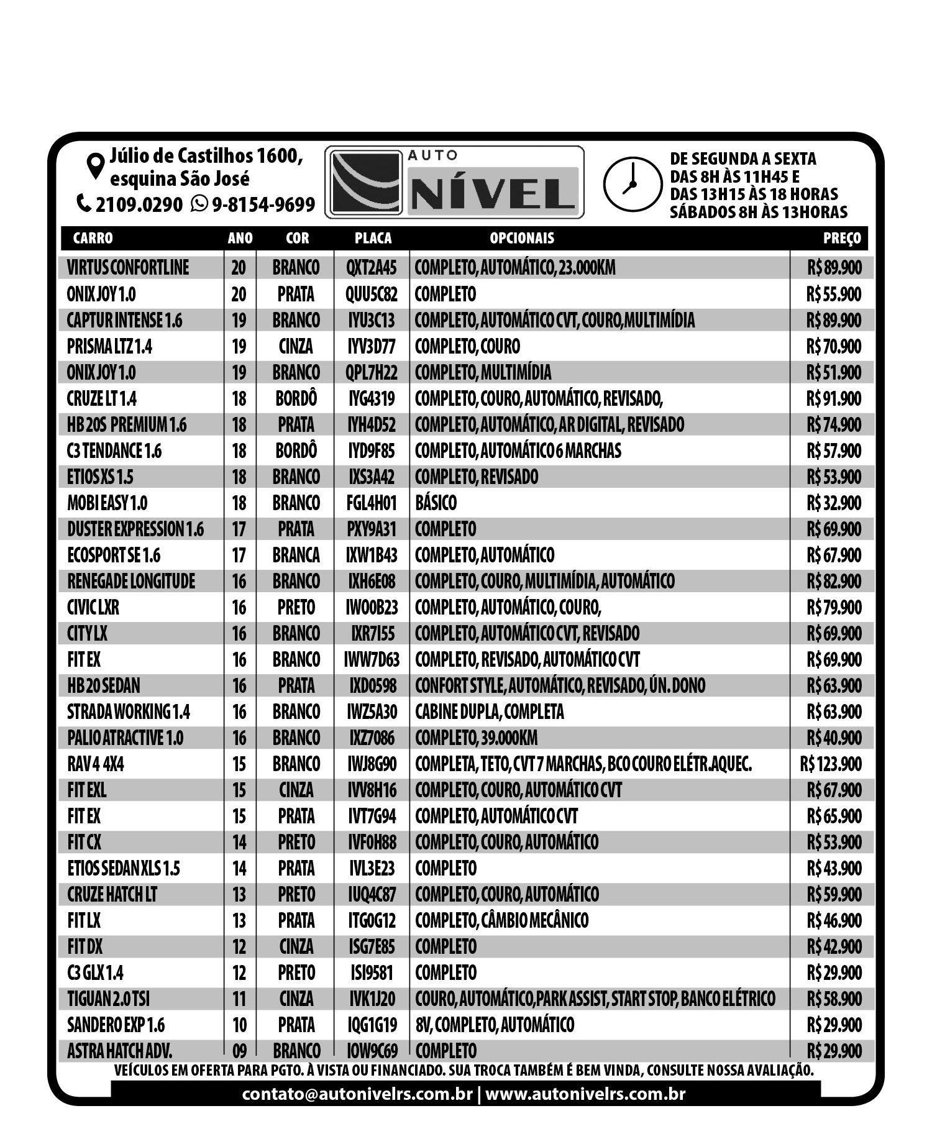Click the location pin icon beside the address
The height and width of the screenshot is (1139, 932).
click(95, 166)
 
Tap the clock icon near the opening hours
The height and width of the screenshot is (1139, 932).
click(632, 185)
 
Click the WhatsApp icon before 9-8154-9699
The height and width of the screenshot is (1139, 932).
click(199, 203)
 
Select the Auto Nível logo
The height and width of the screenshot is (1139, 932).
click(454, 182)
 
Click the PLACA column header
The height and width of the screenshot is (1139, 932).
click(373, 238)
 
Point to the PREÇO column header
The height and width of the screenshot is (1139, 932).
click(842, 238)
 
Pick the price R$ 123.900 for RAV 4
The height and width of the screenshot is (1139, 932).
click(831, 764)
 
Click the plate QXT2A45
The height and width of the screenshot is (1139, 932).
click(372, 268)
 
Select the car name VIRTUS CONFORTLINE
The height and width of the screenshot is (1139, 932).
click(128, 268)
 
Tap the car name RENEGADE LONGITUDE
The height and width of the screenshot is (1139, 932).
click(131, 581)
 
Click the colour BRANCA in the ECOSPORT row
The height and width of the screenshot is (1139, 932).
click(296, 555)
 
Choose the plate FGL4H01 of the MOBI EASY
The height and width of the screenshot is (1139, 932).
click(372, 503)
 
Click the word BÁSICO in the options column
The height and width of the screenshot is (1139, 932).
click(436, 503)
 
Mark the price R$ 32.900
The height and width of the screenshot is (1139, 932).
click(834, 503)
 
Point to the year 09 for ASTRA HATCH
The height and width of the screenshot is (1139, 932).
click(239, 1051)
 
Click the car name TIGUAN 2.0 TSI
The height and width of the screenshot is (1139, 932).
click(109, 999)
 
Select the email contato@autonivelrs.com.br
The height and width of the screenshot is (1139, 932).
click(357, 1094)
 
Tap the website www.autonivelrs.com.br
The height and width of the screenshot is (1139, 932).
click(585, 1094)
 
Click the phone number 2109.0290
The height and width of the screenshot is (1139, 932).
click(139, 204)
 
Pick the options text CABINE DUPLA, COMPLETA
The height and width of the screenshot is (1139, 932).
click(490, 711)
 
